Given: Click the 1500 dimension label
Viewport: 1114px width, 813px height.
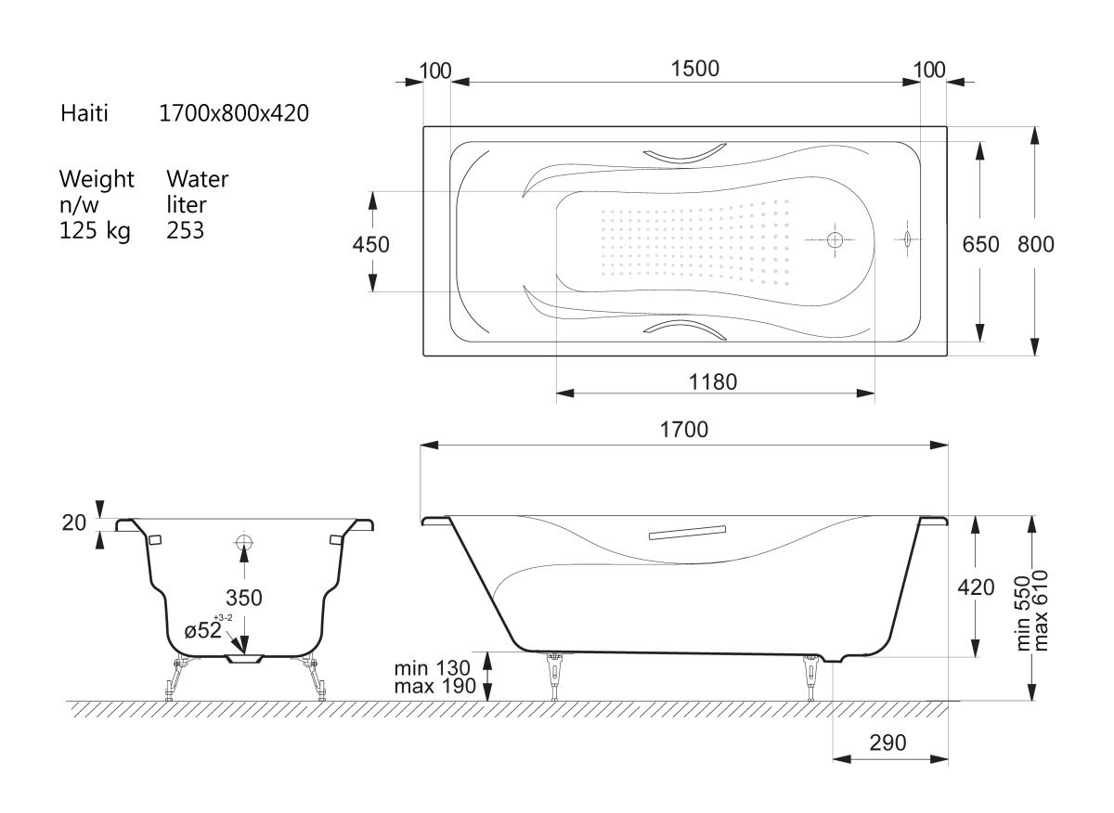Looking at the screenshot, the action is [694, 69].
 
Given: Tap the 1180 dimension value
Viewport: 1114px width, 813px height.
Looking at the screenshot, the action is [713, 382].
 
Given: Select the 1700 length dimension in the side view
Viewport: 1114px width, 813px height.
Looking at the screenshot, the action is [684, 430].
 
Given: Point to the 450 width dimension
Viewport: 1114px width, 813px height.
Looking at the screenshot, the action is [371, 245].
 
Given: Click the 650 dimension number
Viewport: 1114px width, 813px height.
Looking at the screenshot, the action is [980, 245].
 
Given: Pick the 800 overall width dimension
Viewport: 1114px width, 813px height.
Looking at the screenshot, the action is [1036, 245].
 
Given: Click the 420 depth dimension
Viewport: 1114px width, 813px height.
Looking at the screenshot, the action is [977, 587].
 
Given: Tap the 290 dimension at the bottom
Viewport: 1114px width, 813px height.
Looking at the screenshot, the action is [887, 742].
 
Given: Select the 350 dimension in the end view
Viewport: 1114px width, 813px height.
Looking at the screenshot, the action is [243, 598].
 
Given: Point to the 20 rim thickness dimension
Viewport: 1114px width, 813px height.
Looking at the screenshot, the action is [74, 523].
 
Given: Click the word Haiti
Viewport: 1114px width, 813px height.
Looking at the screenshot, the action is [84, 113].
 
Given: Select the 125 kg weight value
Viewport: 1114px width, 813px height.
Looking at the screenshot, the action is [95, 231].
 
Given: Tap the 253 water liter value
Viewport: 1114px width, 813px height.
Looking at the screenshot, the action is [185, 231].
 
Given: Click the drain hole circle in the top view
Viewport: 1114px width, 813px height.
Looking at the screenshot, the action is [835, 239].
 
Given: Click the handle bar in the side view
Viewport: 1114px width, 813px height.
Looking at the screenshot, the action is [687, 533].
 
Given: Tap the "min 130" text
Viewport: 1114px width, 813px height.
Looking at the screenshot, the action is [432, 668].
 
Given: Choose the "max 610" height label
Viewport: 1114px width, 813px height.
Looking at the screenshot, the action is [1041, 611].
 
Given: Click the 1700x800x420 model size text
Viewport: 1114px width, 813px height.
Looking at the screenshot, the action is [234, 113].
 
